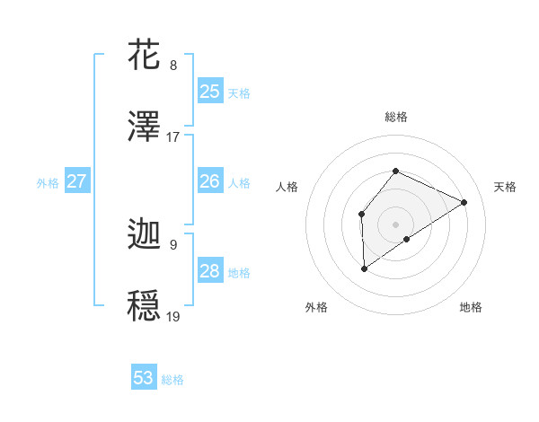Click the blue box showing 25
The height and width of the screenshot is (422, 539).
coord(210,91)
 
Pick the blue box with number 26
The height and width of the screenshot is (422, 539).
coord(210,181)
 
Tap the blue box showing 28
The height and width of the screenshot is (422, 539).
coord(210,271)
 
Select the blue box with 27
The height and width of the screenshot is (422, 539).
coord(76,181)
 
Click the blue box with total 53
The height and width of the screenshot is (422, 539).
coord(144,378)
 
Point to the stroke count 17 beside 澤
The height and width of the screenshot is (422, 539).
coord(173,137)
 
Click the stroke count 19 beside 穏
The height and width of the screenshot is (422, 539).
coord(173,317)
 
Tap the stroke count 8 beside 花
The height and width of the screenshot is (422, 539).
coord(173,66)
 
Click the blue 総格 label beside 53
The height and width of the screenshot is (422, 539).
coord(172,380)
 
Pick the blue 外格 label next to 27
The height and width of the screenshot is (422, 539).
coord(48,183)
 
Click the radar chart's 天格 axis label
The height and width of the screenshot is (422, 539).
coord(505,187)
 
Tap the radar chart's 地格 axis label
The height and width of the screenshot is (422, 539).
coord(471,307)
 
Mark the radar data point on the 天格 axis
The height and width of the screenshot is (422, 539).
coord(464,202)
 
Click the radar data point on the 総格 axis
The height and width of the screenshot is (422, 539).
coord(395,171)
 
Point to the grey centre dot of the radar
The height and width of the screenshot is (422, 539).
coord(395,224)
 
